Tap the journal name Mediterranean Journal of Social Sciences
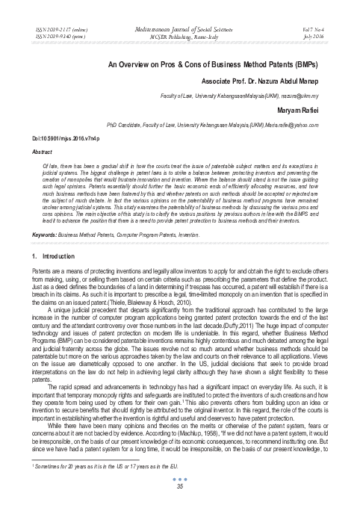coord(180,25)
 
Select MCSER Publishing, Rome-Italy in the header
coord(180,33)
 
